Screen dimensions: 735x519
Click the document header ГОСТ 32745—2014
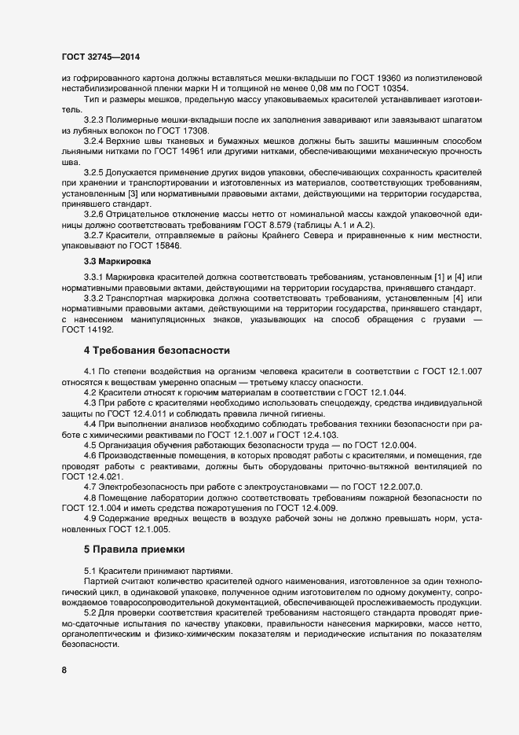[101, 57]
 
